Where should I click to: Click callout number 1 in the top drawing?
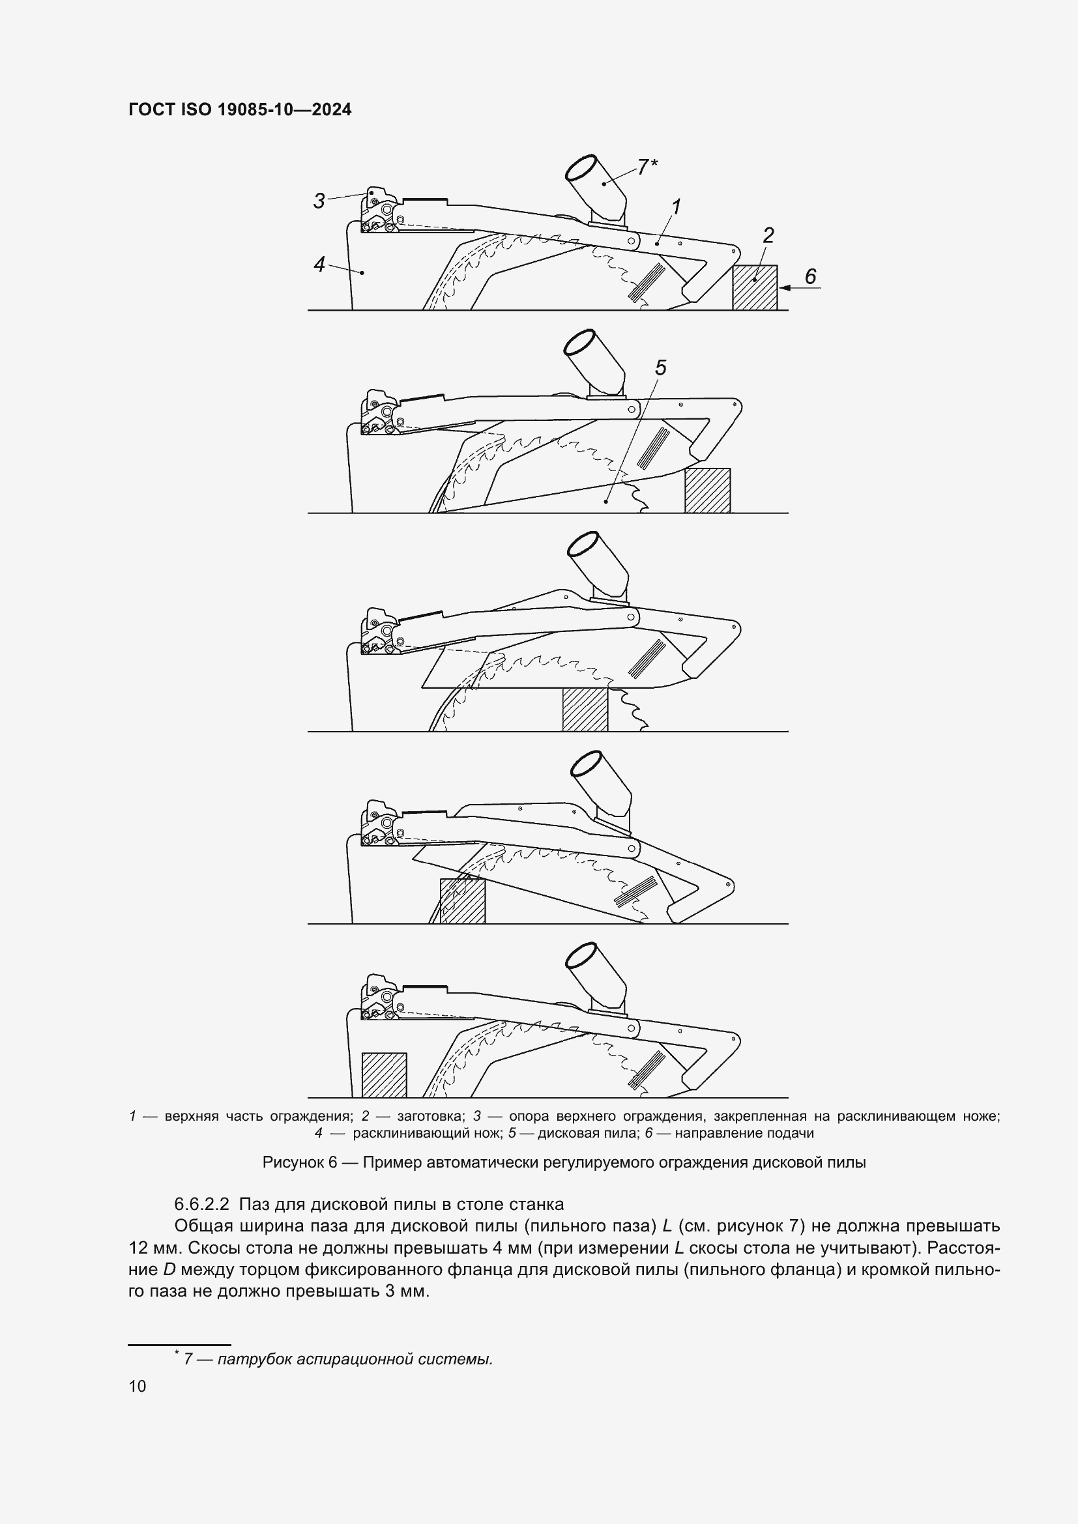pos(676,207)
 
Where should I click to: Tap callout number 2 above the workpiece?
pos(768,235)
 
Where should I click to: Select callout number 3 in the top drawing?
pos(319,201)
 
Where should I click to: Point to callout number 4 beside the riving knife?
pos(319,264)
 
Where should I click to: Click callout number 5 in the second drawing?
pos(660,367)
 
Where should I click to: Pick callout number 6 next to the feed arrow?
pos(810,276)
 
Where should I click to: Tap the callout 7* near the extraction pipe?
pos(647,167)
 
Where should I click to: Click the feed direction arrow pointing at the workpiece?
pos(800,287)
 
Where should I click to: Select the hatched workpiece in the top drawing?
pos(755,287)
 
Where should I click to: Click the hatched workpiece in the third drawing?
pos(585,710)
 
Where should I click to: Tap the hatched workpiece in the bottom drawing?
pos(384,1074)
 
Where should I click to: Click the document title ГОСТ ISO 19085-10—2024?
pos(240,109)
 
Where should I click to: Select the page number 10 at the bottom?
pos(138,1386)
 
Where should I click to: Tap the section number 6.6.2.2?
pos(201,1203)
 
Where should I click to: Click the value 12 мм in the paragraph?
pos(151,1248)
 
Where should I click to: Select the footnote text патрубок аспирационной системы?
pos(355,1359)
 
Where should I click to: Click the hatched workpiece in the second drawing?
pos(708,491)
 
